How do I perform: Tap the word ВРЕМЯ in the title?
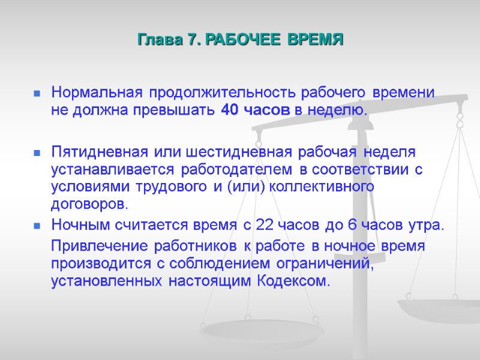click(x=316, y=41)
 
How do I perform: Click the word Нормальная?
click(x=97, y=94)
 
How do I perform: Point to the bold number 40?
click(x=229, y=110)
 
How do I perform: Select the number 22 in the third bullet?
click(x=265, y=226)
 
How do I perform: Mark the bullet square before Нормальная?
click(x=37, y=94)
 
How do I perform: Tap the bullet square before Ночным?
click(x=37, y=226)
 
